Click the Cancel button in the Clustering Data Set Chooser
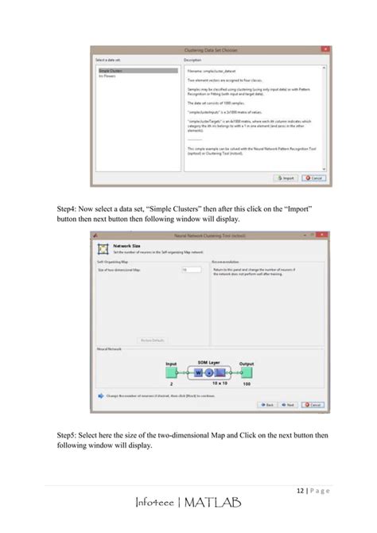(x=313, y=178)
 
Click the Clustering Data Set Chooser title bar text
(x=211, y=50)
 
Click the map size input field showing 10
(x=191, y=270)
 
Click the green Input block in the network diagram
(x=171, y=372)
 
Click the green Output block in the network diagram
(x=246, y=372)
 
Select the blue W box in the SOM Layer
(x=197, y=372)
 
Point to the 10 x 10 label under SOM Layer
(x=209, y=383)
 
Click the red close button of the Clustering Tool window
(x=321, y=235)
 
